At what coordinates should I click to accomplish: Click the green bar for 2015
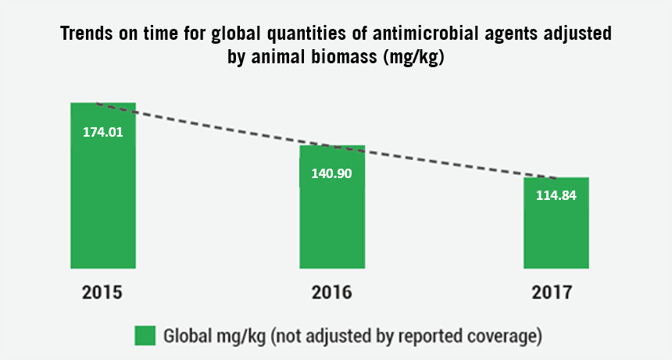click(103, 185)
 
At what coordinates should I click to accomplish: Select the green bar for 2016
click(332, 207)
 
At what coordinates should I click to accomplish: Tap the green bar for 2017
click(556, 223)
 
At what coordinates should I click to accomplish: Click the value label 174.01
click(103, 132)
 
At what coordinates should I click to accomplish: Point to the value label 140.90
click(332, 173)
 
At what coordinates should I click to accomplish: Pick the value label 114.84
click(556, 195)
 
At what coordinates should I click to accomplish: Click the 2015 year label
click(102, 292)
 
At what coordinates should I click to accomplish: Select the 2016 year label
click(332, 292)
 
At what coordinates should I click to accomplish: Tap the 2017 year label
click(552, 292)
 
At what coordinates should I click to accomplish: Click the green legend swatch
click(145, 336)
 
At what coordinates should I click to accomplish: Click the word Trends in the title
click(87, 34)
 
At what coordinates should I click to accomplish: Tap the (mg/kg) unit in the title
click(413, 57)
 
